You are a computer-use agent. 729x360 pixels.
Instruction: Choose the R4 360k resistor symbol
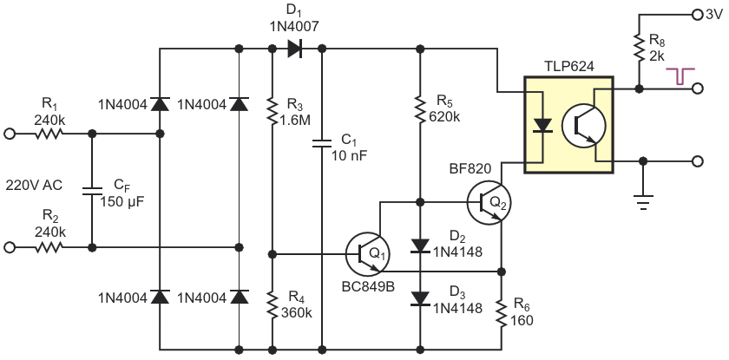(273, 304)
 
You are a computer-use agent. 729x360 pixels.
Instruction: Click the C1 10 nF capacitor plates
(322, 141)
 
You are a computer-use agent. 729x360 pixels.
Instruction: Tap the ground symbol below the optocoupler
(643, 200)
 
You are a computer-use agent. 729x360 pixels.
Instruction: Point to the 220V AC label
(35, 184)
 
